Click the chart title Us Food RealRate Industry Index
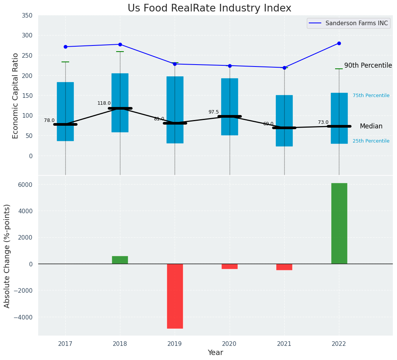(209, 8)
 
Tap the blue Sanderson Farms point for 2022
(339, 44)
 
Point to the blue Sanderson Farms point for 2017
(65, 47)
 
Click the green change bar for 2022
(339, 223)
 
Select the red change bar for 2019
(175, 296)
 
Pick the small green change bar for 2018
(120, 260)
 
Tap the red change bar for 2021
(284, 267)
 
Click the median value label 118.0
(104, 103)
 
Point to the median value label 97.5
(214, 112)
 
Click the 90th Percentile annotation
(368, 65)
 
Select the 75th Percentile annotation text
(371, 96)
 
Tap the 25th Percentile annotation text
(371, 141)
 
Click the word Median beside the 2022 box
(371, 126)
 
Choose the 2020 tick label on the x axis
(230, 344)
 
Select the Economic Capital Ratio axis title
(16, 96)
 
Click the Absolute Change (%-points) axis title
(7, 256)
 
